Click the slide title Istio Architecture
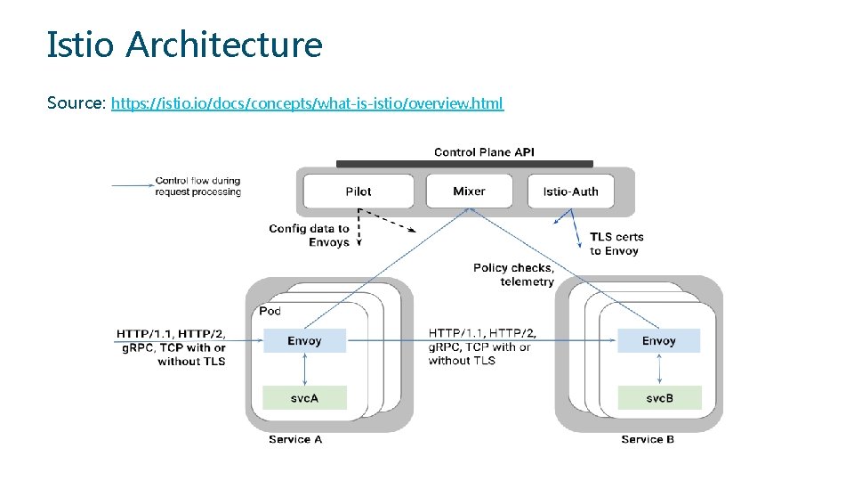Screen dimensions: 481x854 [x=184, y=44]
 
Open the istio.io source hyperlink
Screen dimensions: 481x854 [x=307, y=103]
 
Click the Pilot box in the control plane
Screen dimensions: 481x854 [x=359, y=192]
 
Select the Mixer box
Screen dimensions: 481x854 [x=469, y=191]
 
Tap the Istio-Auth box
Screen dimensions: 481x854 [x=570, y=192]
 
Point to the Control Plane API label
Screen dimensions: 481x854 [x=484, y=152]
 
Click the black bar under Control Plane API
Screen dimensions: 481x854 [x=464, y=164]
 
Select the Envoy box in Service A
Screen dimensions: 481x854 [x=304, y=341]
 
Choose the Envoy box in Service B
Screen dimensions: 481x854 [x=659, y=340]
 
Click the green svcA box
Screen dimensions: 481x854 [x=304, y=397]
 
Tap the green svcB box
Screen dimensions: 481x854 [x=659, y=397]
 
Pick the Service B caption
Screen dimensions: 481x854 [x=648, y=439]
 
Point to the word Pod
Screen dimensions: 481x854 [x=270, y=311]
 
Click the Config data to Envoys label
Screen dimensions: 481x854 [x=309, y=235]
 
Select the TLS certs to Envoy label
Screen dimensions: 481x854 [x=616, y=243]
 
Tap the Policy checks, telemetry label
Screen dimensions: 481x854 [x=514, y=274]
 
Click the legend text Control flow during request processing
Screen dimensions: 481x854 [x=197, y=186]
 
